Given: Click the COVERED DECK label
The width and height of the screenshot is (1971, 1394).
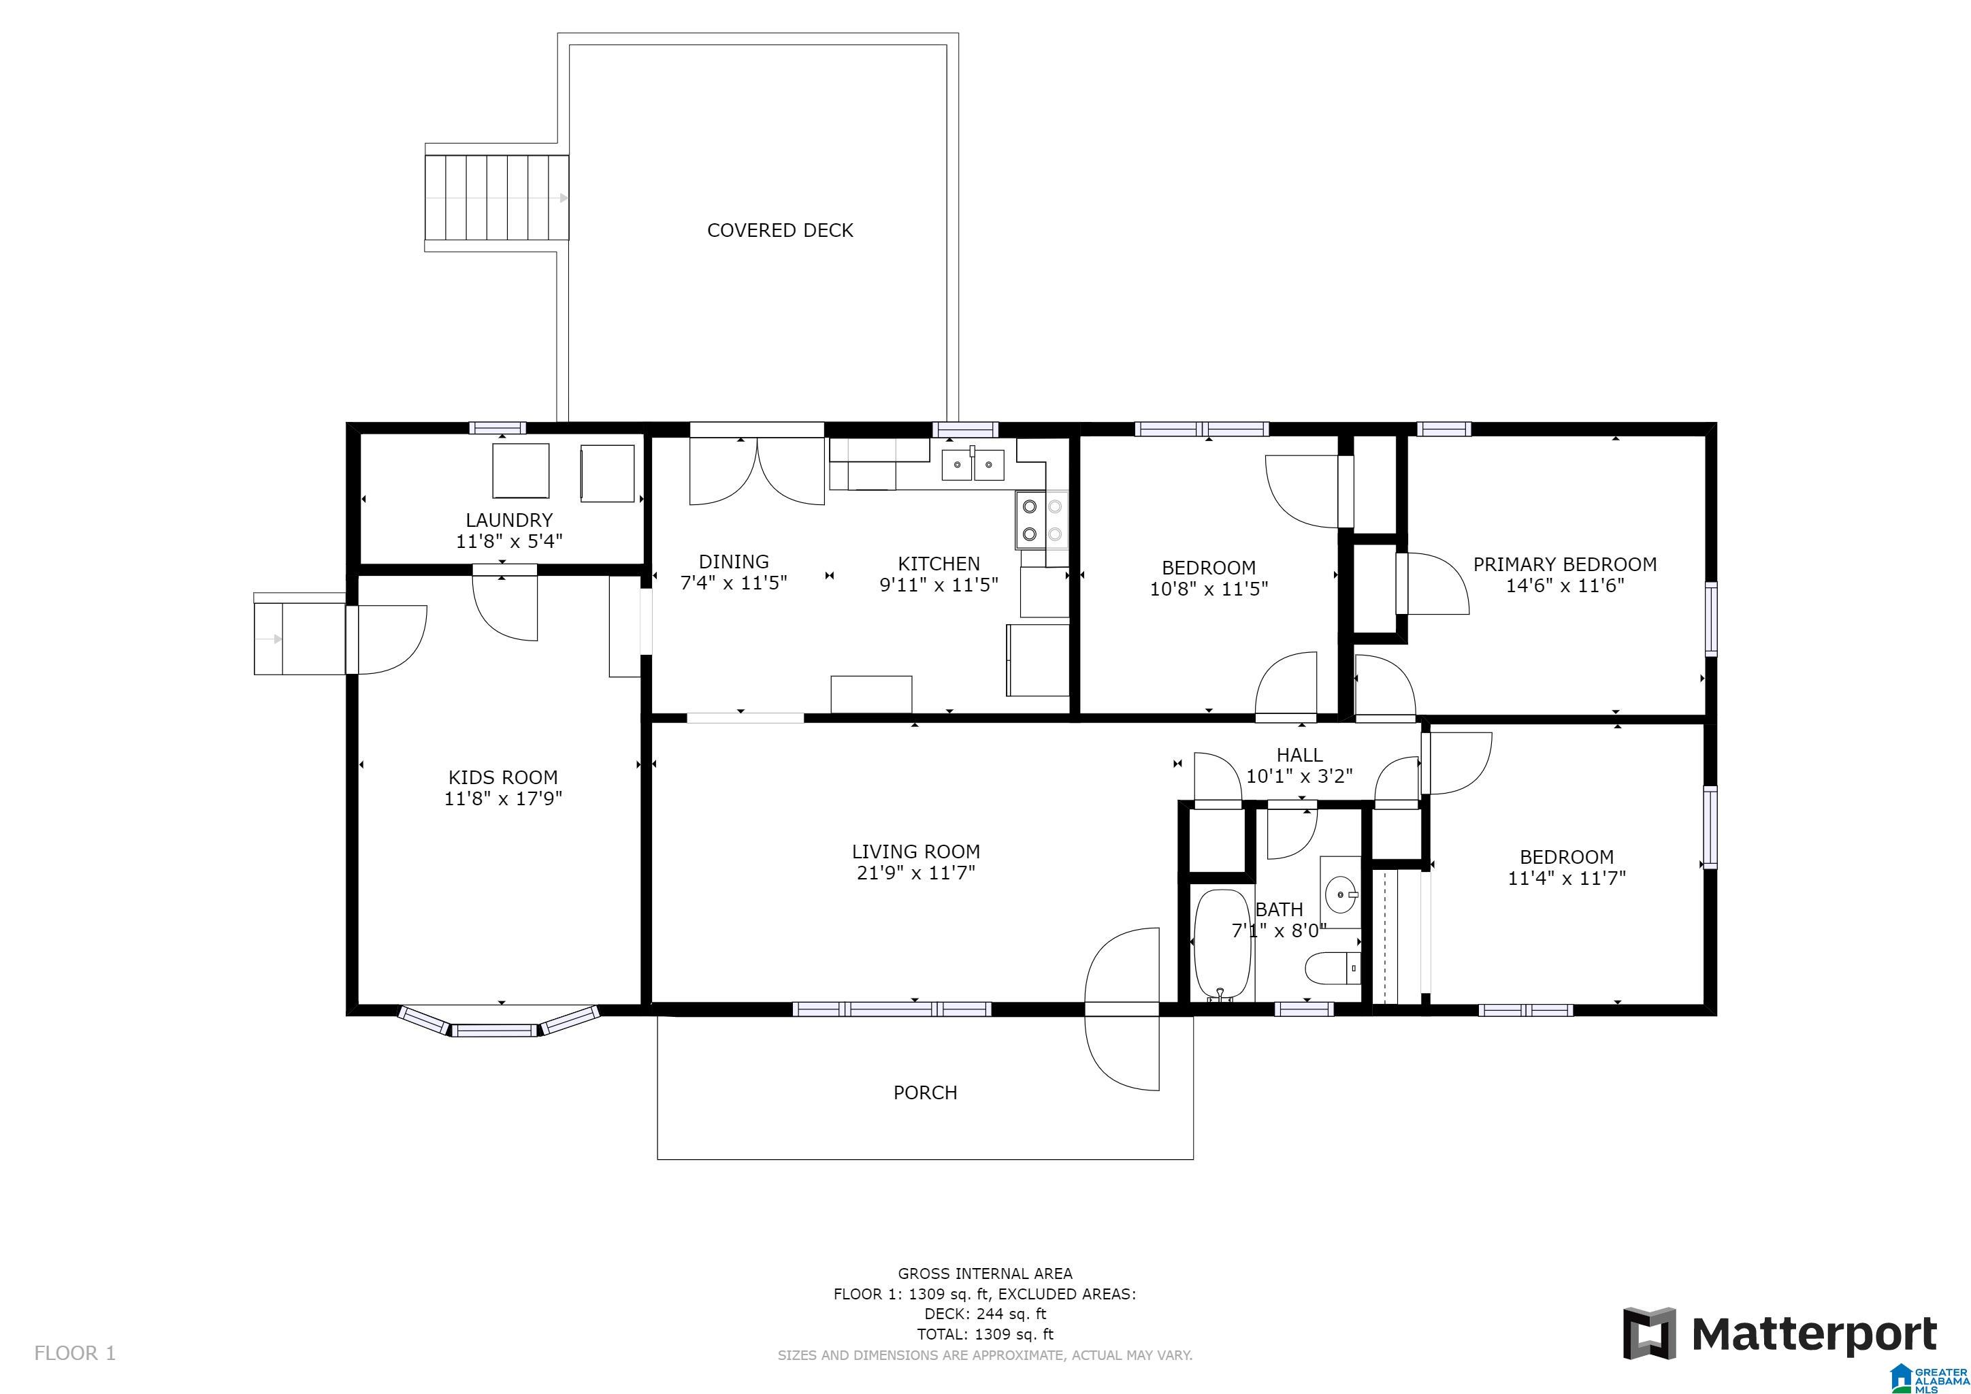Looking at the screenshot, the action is point(779,230).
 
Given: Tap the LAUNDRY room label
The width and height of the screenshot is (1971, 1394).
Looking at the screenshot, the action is point(509,519).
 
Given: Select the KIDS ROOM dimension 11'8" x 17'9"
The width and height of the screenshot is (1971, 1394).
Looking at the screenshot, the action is point(503,798).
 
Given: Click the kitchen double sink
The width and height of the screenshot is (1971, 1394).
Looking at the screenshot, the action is point(973,464).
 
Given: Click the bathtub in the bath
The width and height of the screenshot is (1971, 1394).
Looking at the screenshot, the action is point(1222,945).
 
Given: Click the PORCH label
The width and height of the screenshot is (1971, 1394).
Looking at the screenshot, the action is point(924,1092).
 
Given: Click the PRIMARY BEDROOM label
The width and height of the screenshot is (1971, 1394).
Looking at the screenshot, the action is point(1565,564).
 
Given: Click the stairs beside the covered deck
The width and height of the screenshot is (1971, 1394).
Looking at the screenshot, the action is point(497,198).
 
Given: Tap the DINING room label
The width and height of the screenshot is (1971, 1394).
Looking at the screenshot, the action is point(733,562).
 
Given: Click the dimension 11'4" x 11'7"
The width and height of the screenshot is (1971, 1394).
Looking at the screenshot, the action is point(1567,878).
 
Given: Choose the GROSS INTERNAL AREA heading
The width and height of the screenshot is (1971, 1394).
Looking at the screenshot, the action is point(985,1274).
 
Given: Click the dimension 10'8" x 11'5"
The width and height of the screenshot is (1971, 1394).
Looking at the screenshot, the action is point(1209,589).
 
